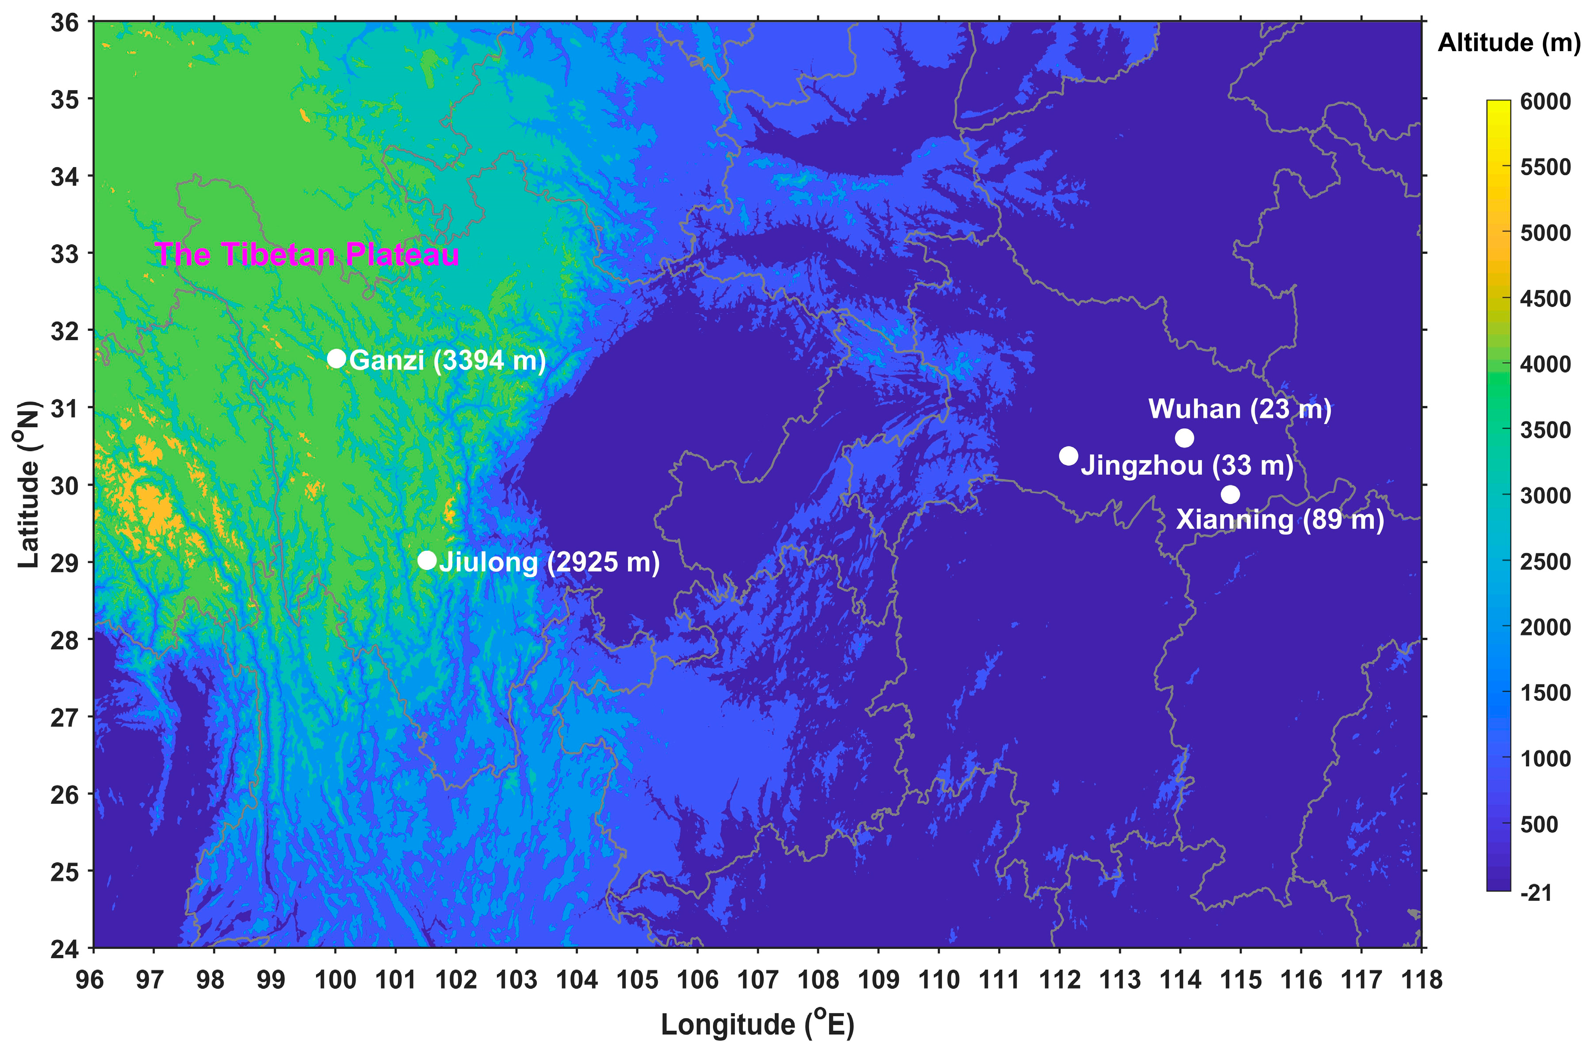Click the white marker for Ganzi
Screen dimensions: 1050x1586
tap(336, 359)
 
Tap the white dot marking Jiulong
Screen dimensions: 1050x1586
tap(426, 560)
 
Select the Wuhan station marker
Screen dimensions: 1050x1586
tap(1184, 438)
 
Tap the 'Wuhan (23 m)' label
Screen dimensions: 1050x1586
tap(1240, 409)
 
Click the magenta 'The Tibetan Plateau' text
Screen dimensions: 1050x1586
tap(307, 254)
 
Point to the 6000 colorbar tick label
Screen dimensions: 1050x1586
tap(1545, 102)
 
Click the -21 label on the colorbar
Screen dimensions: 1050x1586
tap(1536, 893)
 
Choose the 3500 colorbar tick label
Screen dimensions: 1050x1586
tap(1545, 430)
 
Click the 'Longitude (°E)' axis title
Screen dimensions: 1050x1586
tap(757, 1024)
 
